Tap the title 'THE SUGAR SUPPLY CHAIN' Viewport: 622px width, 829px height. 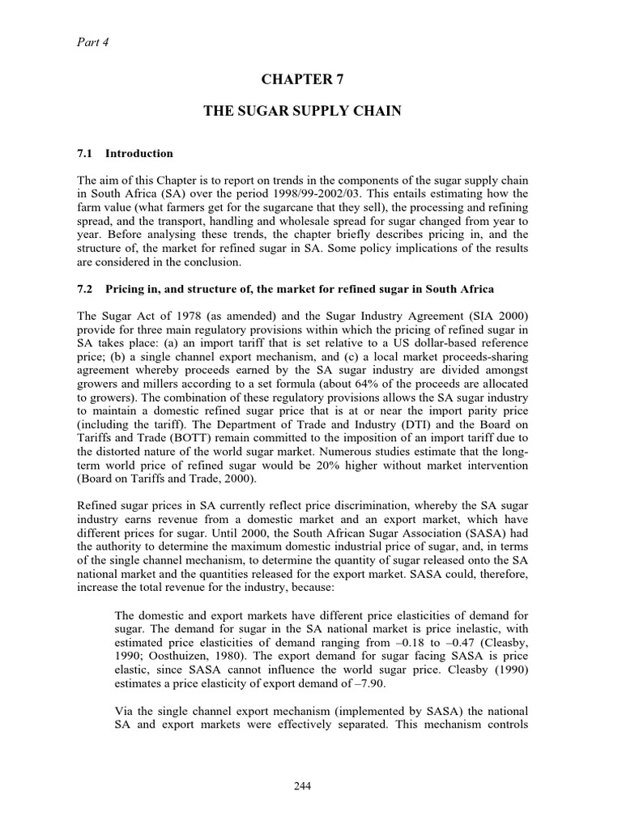(x=302, y=111)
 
